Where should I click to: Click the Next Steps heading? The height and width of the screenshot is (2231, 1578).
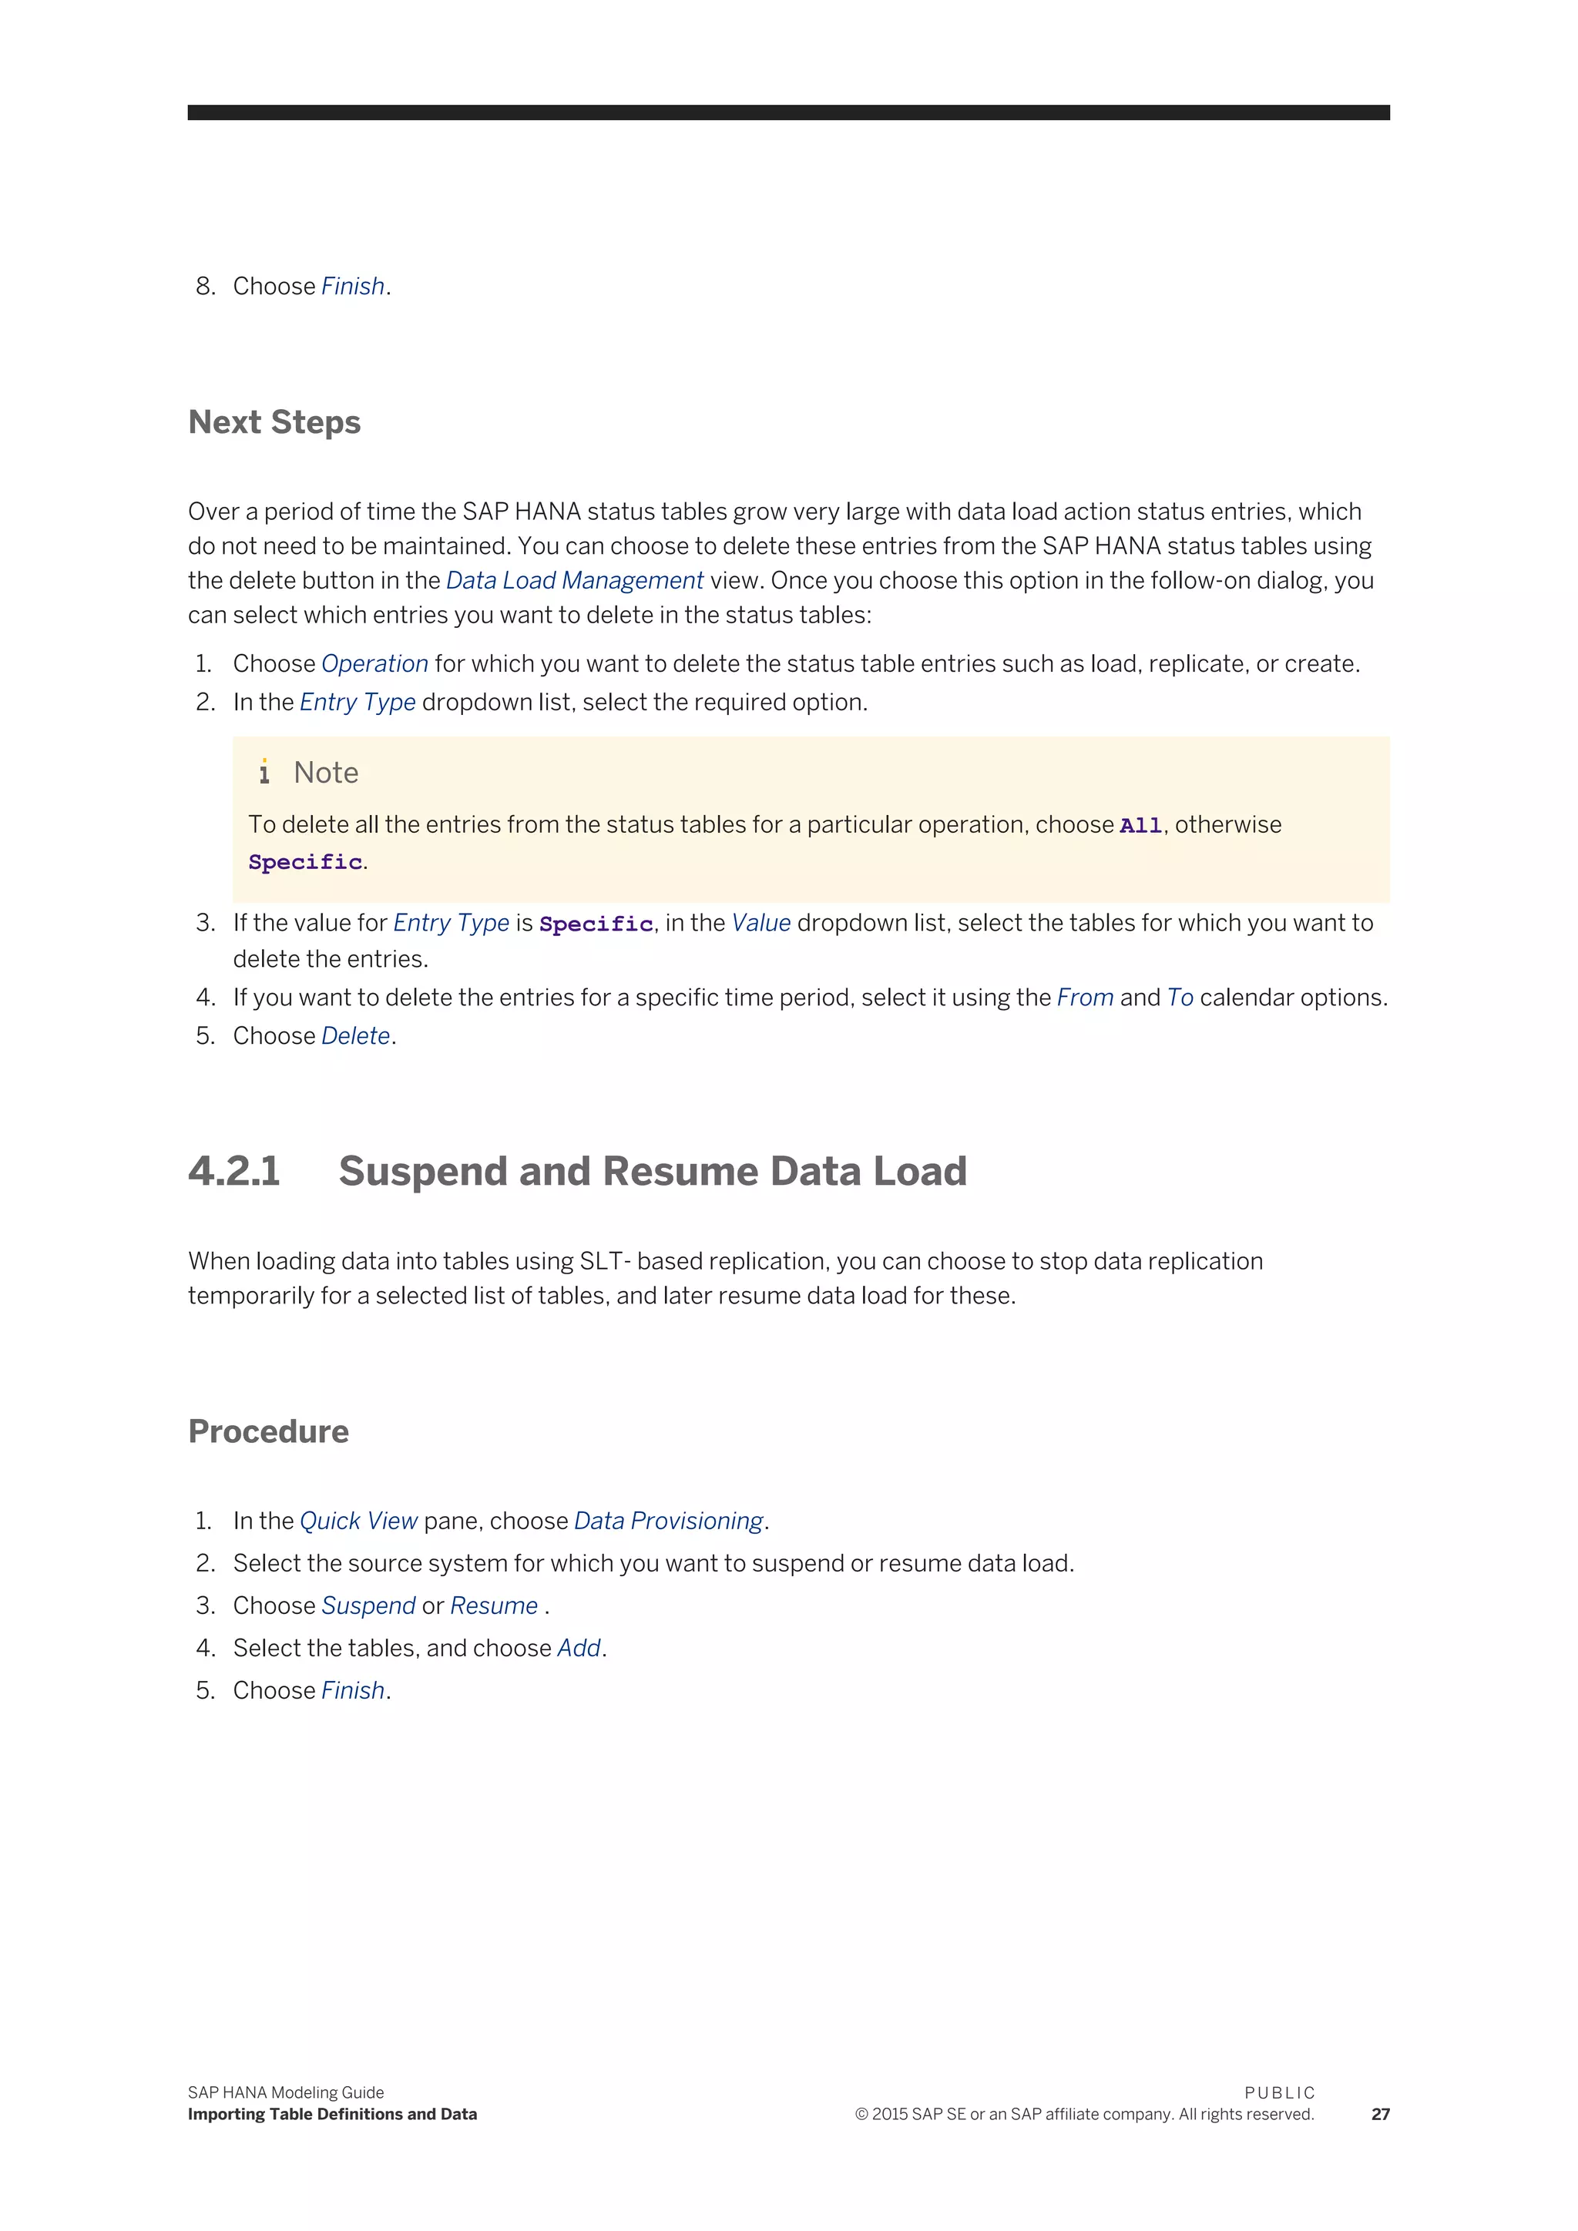coord(274,423)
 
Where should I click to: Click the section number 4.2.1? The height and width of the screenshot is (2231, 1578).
coord(234,1171)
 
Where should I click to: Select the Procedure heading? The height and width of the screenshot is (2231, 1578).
coord(268,1431)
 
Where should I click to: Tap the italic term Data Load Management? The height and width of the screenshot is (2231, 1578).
coord(574,581)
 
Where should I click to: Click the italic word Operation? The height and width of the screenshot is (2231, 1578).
coord(374,663)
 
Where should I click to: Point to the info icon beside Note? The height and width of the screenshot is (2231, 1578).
coord(264,773)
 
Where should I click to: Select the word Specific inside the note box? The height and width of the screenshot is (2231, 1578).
coord(305,863)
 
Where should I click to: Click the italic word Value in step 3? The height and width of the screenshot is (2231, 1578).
coord(760,923)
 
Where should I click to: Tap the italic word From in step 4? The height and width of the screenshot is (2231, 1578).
coord(1084,998)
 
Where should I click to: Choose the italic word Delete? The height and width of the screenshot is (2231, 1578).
coord(356,1037)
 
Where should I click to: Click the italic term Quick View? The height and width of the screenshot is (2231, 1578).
coord(358,1521)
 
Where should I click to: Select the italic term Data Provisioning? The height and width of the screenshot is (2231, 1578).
coord(669,1521)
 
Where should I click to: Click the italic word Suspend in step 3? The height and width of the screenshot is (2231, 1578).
coord(368,1606)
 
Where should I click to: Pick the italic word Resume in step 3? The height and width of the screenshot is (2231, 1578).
coord(494,1606)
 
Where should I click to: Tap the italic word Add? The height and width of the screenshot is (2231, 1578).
coord(579,1649)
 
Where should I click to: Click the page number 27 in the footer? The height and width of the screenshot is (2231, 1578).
coord(1380,2115)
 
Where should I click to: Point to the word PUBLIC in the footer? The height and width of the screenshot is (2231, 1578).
coord(1280,2093)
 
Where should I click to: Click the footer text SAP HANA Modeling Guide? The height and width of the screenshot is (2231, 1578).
coord(286,2093)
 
